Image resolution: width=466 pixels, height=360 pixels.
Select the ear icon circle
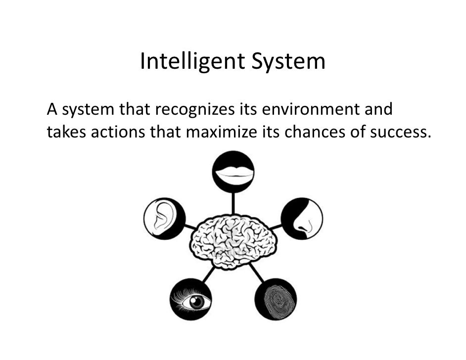point(164,218)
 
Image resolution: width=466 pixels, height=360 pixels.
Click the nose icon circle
point(302,218)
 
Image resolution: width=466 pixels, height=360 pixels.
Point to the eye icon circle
point(191,300)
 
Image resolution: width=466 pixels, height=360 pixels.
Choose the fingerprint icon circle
point(276,300)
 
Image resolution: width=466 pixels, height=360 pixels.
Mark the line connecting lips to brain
point(233,203)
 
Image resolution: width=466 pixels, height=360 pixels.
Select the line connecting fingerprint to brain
point(257,272)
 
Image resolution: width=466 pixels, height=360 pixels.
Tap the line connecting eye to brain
point(209,273)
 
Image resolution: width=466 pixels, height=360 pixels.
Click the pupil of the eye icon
point(197,302)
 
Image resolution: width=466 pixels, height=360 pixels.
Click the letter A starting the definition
point(51,109)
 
